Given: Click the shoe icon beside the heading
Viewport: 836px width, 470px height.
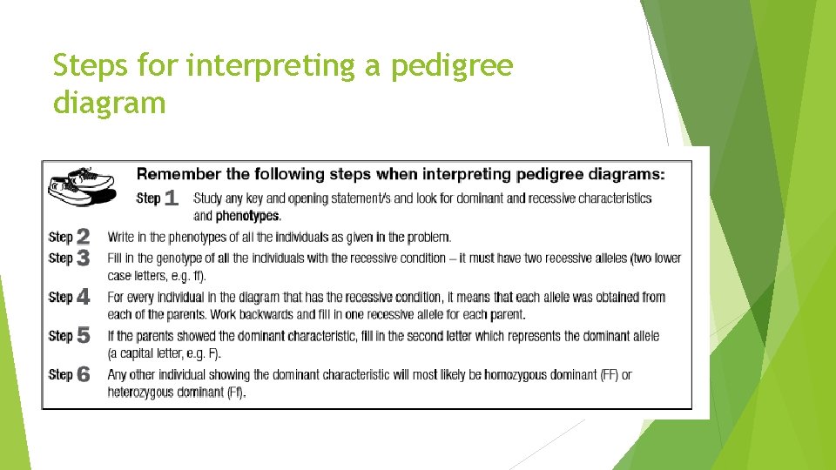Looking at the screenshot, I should pyautogui.click(x=82, y=185).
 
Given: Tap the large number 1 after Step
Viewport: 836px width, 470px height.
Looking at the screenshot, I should pyautogui.click(x=171, y=198).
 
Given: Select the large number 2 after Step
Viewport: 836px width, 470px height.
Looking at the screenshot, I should pyautogui.click(x=83, y=237).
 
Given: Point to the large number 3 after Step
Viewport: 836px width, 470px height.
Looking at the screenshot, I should pyautogui.click(x=83, y=258).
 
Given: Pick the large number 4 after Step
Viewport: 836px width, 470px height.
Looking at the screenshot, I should pyautogui.click(x=83, y=297).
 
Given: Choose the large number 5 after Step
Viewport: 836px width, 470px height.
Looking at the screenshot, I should pyautogui.click(x=83, y=335).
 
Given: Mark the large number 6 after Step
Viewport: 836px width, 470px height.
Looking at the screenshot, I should pyautogui.click(x=83, y=374).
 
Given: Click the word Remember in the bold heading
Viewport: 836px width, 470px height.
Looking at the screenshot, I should pyautogui.click(x=172, y=174).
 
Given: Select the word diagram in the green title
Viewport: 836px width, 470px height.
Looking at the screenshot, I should pyautogui.click(x=109, y=104).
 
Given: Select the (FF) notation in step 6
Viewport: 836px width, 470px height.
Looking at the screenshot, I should pyautogui.click(x=611, y=374).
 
